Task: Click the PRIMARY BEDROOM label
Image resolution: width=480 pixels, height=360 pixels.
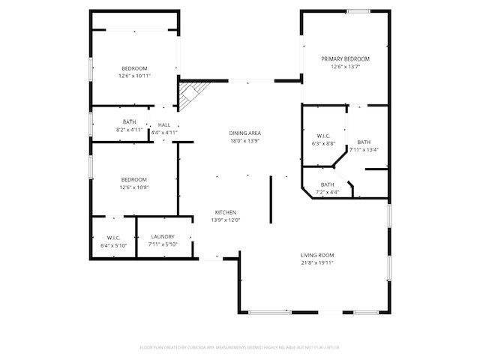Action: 346,58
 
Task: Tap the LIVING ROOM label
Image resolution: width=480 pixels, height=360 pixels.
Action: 317,255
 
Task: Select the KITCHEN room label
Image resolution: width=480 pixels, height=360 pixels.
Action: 226,212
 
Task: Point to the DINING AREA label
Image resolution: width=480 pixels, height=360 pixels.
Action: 245,133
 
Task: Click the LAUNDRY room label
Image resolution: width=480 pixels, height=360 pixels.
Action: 162,237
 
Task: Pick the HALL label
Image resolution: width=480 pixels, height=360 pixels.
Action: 164,124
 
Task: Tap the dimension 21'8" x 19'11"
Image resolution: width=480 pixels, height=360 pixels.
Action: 317,262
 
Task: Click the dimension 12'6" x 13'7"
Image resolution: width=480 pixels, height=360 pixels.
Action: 346,66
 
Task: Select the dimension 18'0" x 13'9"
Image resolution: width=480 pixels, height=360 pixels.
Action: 245,141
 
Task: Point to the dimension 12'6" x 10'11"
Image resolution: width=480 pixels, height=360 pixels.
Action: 134,76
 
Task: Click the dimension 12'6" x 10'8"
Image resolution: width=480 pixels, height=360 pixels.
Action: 134,187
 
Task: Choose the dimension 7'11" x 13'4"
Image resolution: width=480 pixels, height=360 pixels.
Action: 364,149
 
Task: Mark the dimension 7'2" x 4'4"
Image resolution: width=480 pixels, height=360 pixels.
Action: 328,192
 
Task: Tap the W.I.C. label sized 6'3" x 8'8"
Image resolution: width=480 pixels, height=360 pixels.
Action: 324,136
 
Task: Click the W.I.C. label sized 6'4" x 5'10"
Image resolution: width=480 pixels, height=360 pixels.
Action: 113,238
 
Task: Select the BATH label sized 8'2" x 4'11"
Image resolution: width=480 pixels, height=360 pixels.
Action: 130,122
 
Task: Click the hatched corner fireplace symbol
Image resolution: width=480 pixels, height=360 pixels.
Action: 190,95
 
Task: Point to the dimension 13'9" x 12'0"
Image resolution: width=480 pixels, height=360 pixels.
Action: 226,220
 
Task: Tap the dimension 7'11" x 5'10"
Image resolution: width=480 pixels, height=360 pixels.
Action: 162,244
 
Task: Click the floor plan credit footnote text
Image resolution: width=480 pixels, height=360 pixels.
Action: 240,347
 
